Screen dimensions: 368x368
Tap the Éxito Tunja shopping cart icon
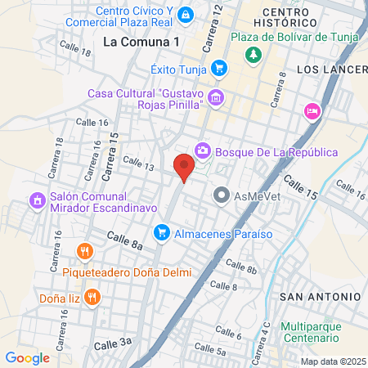point(218,68)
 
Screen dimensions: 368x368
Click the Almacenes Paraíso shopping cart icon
point(162,233)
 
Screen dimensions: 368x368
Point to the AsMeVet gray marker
point(221,195)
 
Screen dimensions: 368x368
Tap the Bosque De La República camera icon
point(202,151)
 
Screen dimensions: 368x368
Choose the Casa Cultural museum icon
point(216,99)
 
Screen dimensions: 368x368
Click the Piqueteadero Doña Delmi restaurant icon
point(83,251)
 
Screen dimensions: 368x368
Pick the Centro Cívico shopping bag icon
point(186,15)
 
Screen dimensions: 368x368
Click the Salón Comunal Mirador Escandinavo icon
point(36,200)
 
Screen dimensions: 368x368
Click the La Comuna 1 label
point(141,42)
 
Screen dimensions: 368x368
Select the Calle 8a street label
point(125,239)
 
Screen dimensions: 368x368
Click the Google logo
point(27,357)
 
